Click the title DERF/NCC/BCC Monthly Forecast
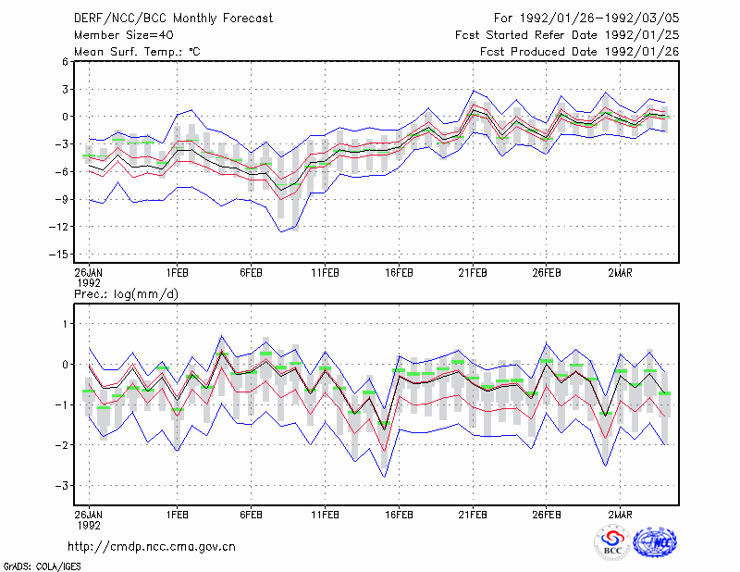click(173, 19)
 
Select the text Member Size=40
click(124, 35)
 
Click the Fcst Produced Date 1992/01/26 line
click(579, 52)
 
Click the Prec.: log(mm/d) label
click(126, 294)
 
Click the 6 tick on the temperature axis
click(65, 61)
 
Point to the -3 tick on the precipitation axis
click(61, 486)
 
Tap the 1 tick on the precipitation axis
click(66, 324)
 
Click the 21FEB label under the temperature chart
click(473, 273)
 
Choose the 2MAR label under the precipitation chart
click(620, 515)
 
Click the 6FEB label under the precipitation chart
click(251, 515)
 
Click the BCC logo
click(612, 543)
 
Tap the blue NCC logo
click(655, 542)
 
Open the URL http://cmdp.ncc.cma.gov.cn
click(152, 547)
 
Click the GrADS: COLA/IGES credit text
click(42, 566)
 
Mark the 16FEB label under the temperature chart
click(399, 273)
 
